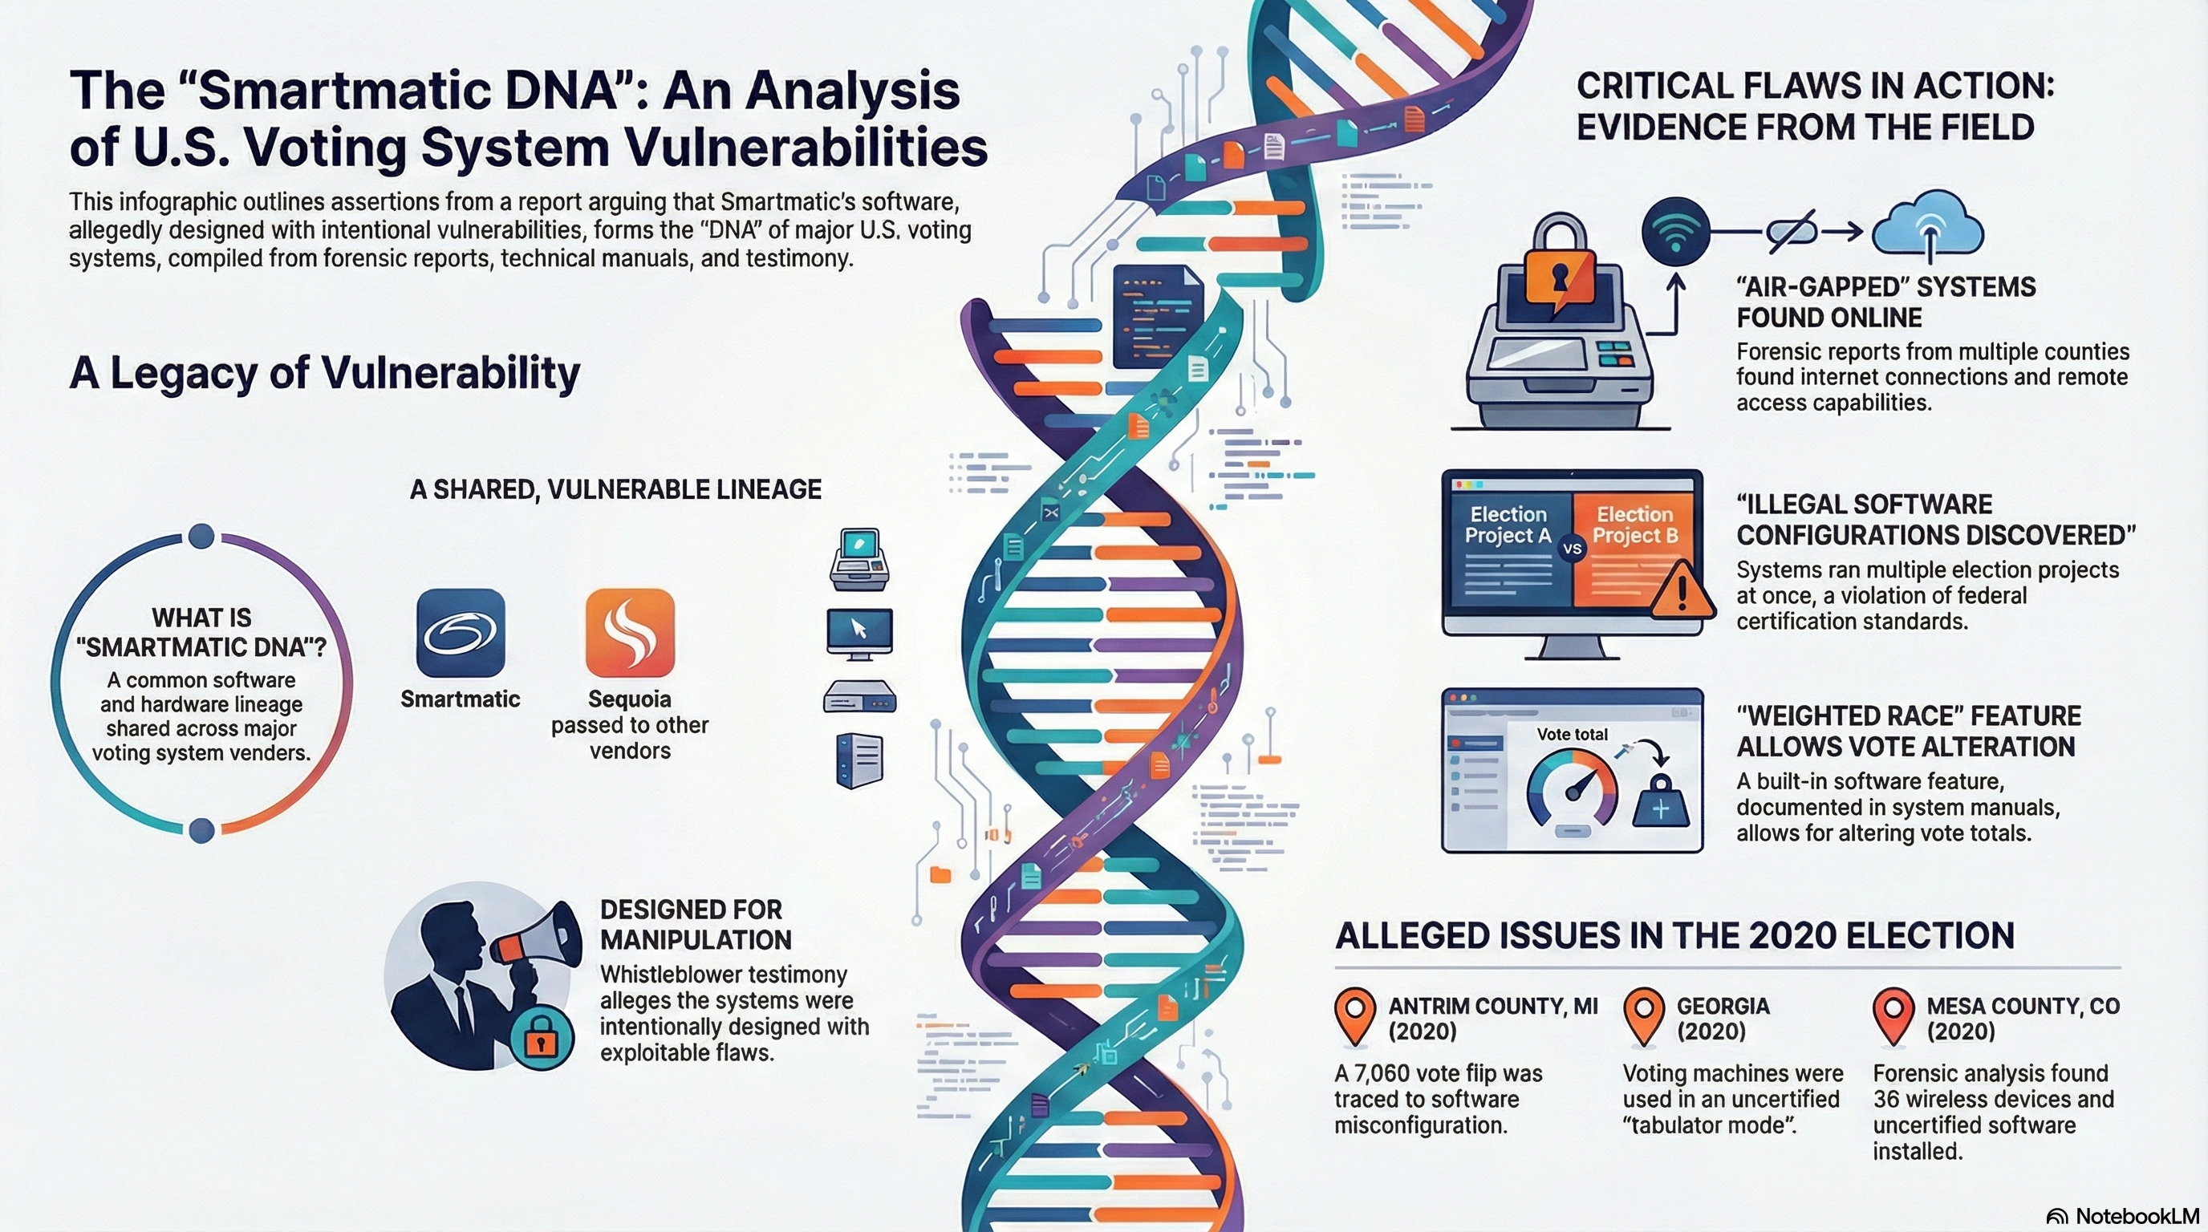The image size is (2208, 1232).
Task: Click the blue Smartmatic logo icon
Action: [461, 633]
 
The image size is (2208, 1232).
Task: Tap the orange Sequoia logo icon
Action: [630, 633]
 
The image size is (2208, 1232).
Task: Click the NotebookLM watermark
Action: [2122, 1216]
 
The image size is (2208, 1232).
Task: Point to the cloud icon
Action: [1928, 225]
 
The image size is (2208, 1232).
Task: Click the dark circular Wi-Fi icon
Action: [1676, 231]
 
